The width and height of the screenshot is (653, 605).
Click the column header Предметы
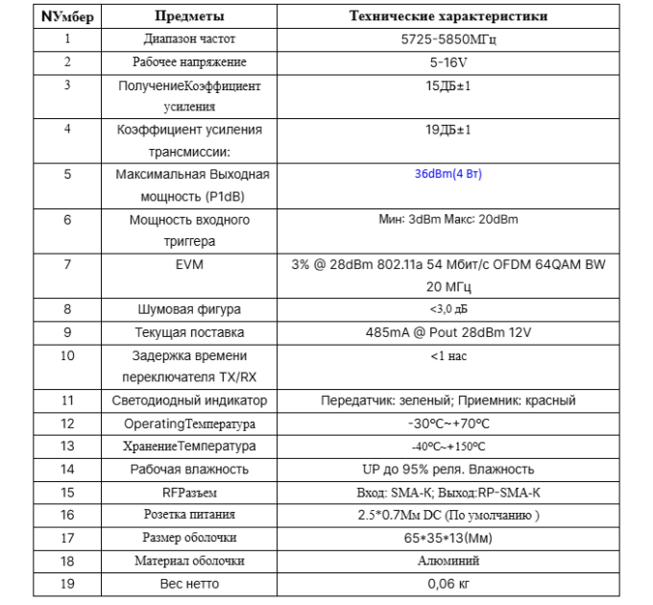coord(189,16)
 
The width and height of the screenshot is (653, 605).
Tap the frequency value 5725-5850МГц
coord(448,39)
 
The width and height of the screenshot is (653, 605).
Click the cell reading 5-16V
coord(448,62)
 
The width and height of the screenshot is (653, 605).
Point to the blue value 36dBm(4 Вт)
coord(448,175)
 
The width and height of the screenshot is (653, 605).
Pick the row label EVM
coord(189,263)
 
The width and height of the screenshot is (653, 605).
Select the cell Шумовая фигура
coord(189,309)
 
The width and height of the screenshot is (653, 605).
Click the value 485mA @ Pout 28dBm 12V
coord(448,332)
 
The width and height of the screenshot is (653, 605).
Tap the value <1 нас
coord(448,355)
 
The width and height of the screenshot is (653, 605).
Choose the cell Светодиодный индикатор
coord(189,400)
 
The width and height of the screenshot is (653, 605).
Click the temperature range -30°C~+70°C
coord(448,423)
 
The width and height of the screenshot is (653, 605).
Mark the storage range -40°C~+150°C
coord(448,447)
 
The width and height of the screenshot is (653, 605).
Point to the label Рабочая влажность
coord(189,470)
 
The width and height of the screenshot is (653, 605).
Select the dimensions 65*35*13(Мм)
coord(448,538)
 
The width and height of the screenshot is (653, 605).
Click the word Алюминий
coord(448,561)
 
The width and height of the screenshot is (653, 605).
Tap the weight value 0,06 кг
coord(448,584)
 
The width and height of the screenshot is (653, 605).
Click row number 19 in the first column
coord(67,584)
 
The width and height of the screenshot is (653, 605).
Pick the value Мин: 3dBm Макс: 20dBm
coord(448,220)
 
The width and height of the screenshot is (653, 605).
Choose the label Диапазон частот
coord(189,39)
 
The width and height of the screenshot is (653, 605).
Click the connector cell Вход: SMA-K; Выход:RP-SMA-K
coord(448,493)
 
